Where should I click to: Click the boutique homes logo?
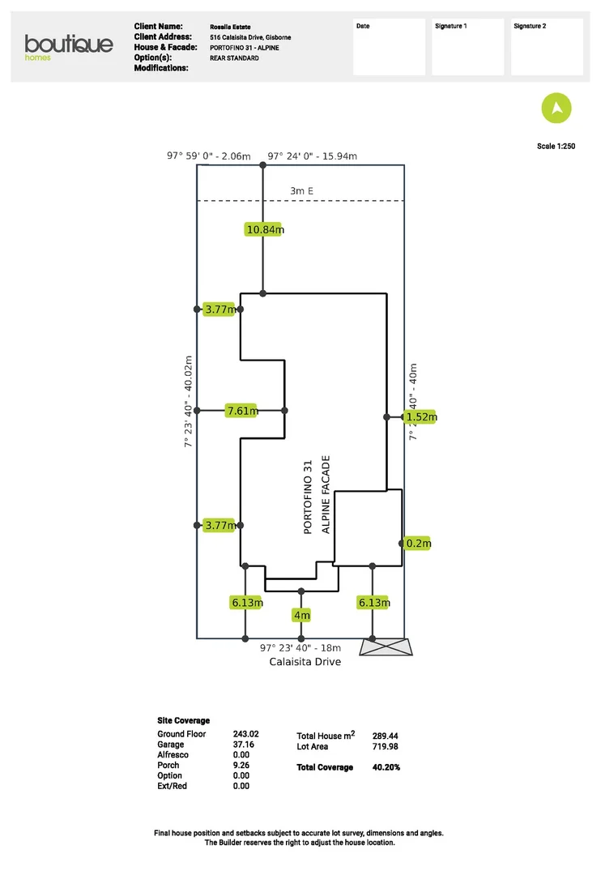tap(68, 46)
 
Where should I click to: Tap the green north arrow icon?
tap(556, 108)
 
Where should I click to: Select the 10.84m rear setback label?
tap(264, 229)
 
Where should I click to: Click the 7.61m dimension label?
tap(242, 411)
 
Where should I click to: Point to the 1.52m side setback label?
tap(421, 417)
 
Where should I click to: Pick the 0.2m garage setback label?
tap(419, 543)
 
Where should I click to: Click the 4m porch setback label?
tap(301, 616)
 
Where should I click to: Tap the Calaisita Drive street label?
tap(305, 662)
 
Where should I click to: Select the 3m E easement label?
tap(301, 191)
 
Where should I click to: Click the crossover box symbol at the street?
tap(385, 647)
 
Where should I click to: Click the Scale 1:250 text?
tap(556, 147)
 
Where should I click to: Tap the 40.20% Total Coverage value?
tap(386, 767)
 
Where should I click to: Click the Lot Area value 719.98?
tap(385, 747)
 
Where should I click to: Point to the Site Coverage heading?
tap(183, 720)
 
